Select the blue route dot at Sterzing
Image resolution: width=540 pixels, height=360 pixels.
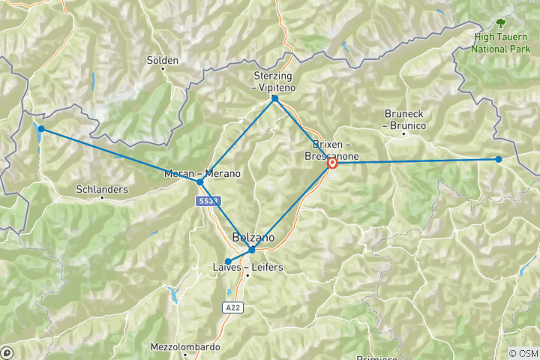tap(275, 98)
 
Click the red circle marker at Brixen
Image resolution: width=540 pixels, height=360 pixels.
tap(331, 163)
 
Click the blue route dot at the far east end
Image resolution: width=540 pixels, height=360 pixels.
tap(499, 159)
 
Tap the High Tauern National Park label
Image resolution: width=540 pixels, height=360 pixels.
tap(499, 43)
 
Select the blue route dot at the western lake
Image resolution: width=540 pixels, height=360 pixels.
tap(41, 129)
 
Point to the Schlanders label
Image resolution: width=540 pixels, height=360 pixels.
tap(102, 190)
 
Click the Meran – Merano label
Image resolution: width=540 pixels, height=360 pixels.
tap(202, 174)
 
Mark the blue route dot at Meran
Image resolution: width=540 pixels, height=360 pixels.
tap(199, 181)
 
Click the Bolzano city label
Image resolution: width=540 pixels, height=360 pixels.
tap(253, 238)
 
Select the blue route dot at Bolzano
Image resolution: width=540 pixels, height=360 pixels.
tap(252, 250)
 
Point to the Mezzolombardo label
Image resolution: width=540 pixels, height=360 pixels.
tap(185, 347)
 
